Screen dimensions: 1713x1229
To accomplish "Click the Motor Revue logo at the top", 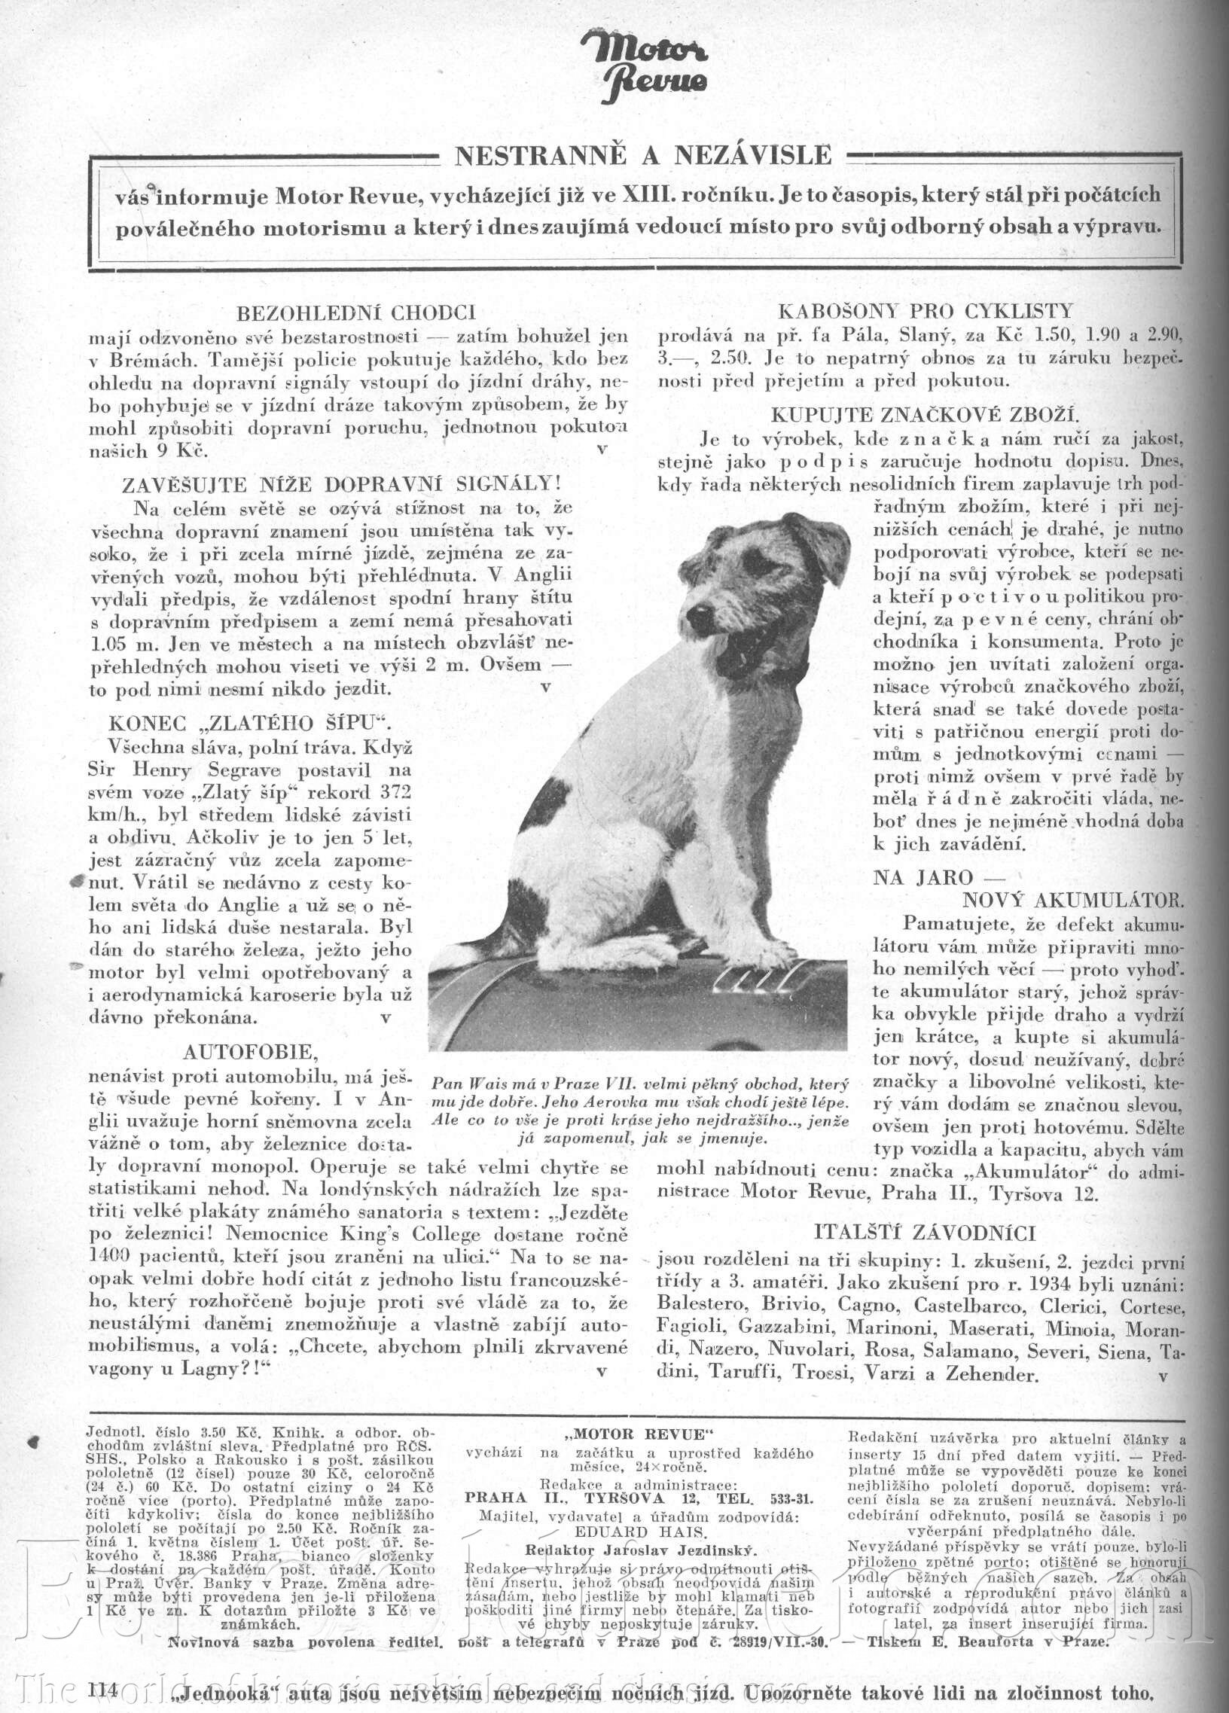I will tap(645, 65).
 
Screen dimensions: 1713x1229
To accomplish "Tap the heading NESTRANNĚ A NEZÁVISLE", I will tap(643, 156).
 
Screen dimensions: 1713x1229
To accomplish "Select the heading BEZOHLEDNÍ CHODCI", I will tap(355, 312).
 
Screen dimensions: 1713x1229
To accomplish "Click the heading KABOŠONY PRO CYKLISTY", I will tap(925, 311).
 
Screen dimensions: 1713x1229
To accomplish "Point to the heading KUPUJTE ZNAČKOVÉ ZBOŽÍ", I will tap(926, 415).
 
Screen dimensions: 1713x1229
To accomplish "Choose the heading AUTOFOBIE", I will tap(251, 1051).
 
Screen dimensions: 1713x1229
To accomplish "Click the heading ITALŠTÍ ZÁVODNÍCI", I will tap(925, 1232).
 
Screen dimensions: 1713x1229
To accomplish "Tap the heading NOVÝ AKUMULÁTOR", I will tap(1072, 900).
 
